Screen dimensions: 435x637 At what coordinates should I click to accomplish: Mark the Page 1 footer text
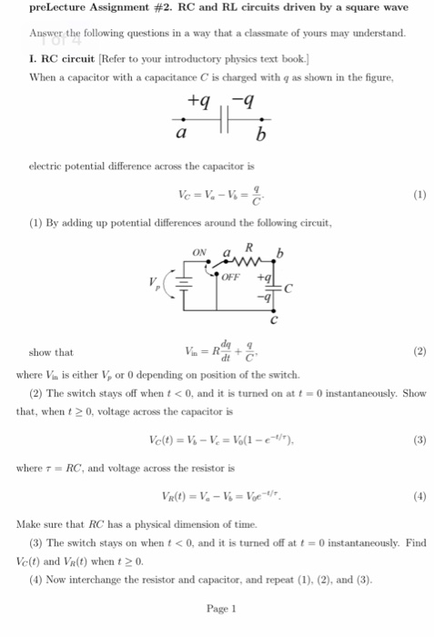(x=221, y=608)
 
